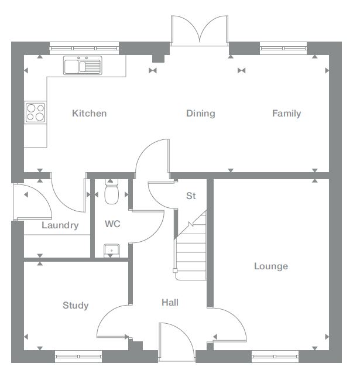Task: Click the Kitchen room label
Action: point(89,113)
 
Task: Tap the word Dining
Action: point(201,113)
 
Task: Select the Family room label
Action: point(286,113)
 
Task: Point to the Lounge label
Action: point(271,266)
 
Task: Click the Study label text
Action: point(76,305)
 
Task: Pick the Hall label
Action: point(170,303)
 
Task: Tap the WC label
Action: point(112,224)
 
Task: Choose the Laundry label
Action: point(60,225)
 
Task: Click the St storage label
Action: point(191,196)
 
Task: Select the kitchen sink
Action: point(83,66)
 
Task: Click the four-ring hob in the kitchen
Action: point(35,112)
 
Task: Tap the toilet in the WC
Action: point(111,191)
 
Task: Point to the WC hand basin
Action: point(111,251)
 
